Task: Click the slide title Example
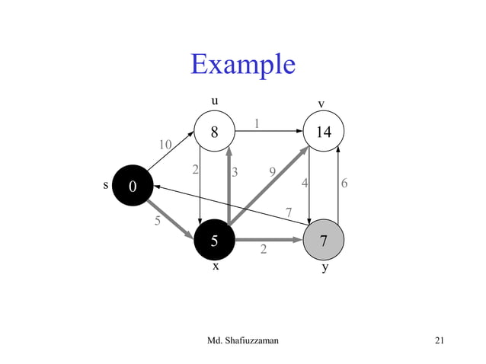[242, 64]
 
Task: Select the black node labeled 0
[133, 186]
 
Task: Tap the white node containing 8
[215, 132]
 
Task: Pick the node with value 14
[324, 132]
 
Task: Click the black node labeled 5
[215, 241]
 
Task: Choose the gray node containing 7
[324, 241]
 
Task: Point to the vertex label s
[105, 185]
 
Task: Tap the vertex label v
[321, 104]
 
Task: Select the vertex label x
[216, 267]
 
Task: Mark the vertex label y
[325, 268]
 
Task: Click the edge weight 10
[165, 145]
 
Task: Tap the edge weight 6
[345, 184]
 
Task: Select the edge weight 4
[305, 184]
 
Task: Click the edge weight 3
[235, 172]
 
